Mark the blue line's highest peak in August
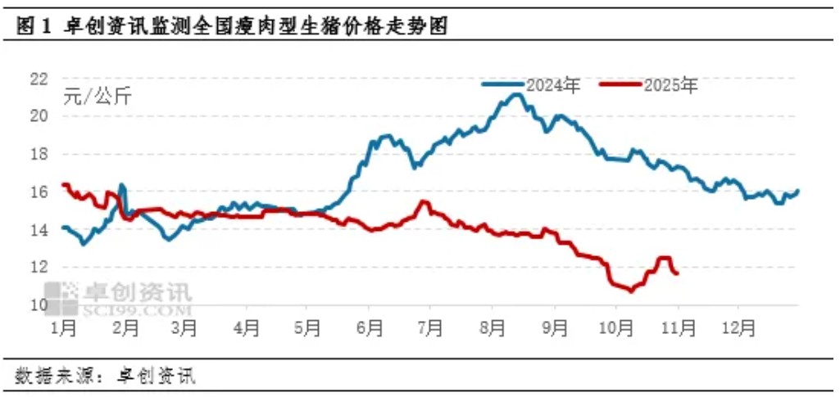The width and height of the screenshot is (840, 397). point(515,94)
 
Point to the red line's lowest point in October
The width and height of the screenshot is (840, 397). point(630,291)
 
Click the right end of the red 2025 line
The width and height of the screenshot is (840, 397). point(677,273)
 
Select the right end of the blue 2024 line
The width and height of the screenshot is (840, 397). point(797,191)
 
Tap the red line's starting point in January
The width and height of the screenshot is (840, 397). point(63,184)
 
